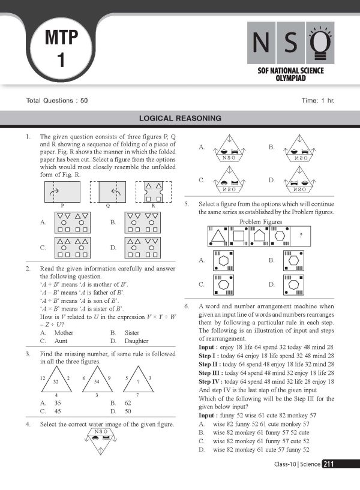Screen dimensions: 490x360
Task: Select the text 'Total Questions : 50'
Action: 57,100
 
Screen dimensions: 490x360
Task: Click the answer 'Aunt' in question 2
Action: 61,341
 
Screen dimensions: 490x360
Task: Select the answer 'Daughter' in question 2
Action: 137,341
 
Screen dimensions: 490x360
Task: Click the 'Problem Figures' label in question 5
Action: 260,222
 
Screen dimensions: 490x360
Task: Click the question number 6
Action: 187,306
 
